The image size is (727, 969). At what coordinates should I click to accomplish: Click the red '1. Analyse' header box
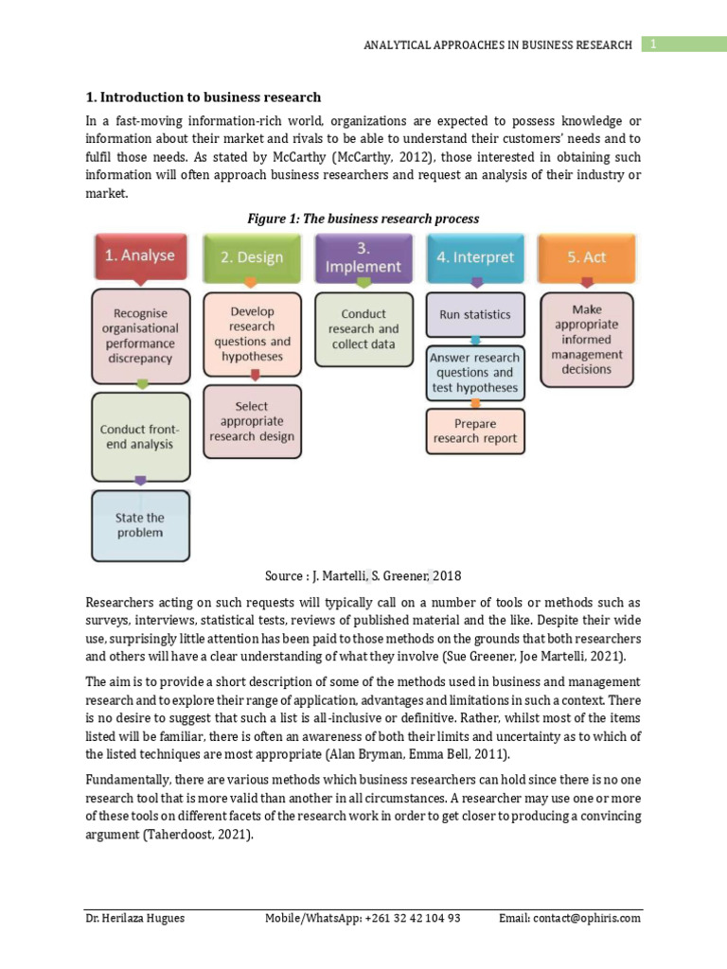coord(140,255)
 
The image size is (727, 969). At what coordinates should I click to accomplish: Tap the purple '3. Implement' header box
coord(363,257)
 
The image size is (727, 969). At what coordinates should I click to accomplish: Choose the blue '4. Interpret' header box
coord(475,256)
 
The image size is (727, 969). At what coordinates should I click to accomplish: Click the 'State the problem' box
coord(140,525)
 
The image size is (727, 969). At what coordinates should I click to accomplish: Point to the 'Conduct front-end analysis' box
coord(140,437)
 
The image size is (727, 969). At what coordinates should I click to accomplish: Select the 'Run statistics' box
coord(475,314)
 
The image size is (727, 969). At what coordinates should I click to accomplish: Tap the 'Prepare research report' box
coord(475,431)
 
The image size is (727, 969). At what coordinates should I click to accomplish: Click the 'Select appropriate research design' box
coord(252,421)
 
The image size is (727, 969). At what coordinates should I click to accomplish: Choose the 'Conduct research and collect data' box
coord(363,329)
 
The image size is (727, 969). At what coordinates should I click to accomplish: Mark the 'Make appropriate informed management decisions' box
coord(586,339)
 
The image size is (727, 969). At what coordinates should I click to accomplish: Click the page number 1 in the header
coord(652,44)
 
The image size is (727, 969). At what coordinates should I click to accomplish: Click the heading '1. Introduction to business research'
coord(204,97)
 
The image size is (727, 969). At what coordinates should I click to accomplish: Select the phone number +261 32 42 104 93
coord(413,918)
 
